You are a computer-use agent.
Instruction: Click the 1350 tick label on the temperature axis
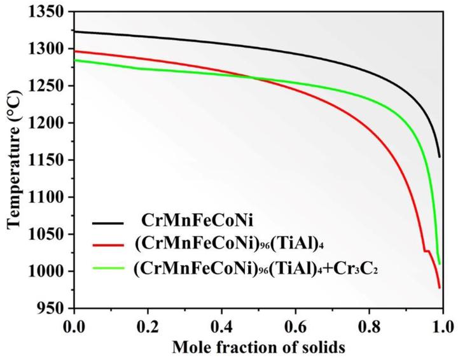tap(50, 12)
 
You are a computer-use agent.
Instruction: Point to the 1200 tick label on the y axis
tap(50, 123)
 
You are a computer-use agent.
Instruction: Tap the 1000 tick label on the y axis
tap(50, 272)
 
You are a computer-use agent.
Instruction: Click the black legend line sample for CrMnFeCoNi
tap(109, 223)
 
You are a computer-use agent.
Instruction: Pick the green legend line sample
tap(109, 267)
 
